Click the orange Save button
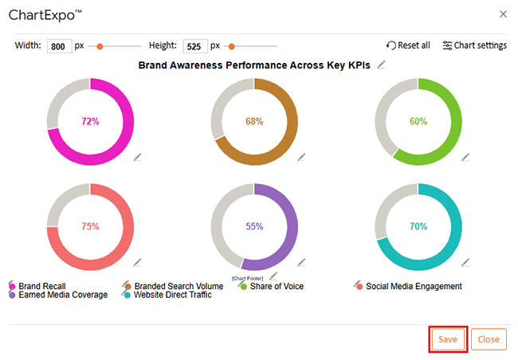(x=447, y=339)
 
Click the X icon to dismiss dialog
(x=502, y=14)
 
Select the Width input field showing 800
(x=59, y=46)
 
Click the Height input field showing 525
(x=194, y=46)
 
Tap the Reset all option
(x=408, y=45)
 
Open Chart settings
(x=474, y=45)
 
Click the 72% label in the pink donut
(x=90, y=121)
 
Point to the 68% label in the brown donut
(x=254, y=121)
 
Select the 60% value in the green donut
(x=418, y=121)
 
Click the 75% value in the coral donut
(x=90, y=226)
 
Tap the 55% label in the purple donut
(x=254, y=226)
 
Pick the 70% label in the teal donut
(x=418, y=226)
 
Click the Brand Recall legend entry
(x=41, y=286)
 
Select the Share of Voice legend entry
(x=276, y=286)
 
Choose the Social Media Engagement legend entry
(x=413, y=286)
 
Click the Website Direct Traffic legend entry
(x=172, y=295)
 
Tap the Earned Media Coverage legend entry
(x=62, y=295)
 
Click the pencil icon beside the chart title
(x=383, y=65)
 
